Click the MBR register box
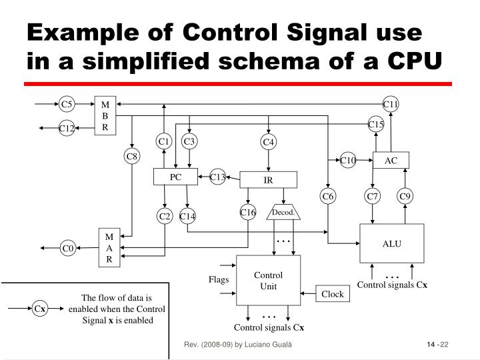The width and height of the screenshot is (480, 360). pos(105,116)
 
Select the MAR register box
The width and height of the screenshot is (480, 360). pos(109,248)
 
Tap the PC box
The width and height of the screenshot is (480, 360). pos(175,177)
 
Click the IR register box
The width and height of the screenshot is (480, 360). pos(268,180)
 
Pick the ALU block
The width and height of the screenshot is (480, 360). pos(391,243)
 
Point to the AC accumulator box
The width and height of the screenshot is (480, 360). pos(391,160)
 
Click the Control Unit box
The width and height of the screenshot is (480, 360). pos(268,281)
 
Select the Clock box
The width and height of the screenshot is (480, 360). pos(332,294)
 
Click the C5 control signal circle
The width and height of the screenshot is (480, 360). pos(66,104)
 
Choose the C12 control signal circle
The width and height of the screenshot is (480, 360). pos(66,128)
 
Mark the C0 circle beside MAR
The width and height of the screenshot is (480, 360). pos(67,249)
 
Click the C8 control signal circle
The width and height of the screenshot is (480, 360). pos(133,157)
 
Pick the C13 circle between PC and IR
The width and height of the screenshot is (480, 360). pos(217,177)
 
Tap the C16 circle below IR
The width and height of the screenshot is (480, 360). pos(248,213)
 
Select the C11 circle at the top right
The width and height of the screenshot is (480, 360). pos(391,104)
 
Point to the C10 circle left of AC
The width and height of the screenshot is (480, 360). pos(348,160)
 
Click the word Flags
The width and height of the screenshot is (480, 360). pos(218,279)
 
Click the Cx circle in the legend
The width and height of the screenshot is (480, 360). pos(40,309)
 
